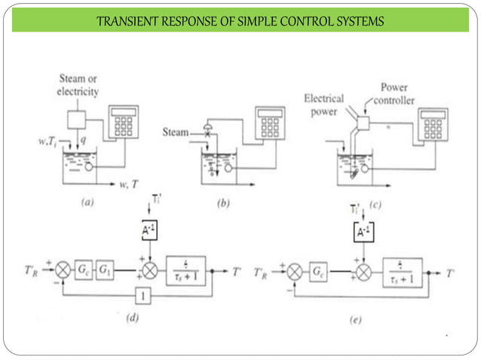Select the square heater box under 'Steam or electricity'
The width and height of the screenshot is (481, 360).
click(76, 121)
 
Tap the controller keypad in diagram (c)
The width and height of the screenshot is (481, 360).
click(434, 124)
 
